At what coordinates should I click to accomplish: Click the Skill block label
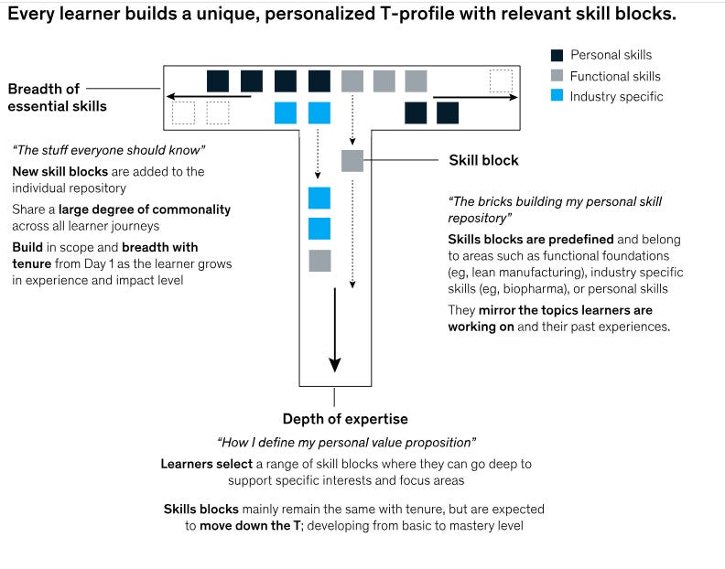483,160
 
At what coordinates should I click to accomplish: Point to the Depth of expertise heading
345,419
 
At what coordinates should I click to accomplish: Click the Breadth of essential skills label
58,97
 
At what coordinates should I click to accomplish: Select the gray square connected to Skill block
352,161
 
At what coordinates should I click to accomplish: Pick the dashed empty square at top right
500,81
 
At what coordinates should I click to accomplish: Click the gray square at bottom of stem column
319,261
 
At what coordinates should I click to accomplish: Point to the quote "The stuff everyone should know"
109,149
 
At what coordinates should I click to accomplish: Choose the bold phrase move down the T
251,526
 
